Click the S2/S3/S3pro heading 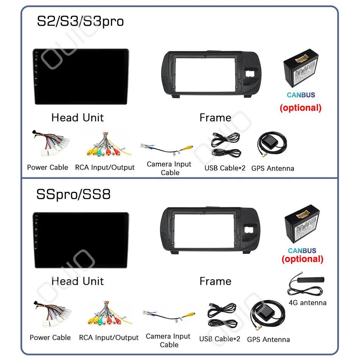[80, 22]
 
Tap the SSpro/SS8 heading [74, 194]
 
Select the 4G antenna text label [307, 303]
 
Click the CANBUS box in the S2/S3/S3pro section [301, 68]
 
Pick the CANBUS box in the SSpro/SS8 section [302, 224]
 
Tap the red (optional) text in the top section [301, 108]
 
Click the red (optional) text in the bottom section [302, 259]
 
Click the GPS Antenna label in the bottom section [268, 339]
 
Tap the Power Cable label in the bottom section [50, 338]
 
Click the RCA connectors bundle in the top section [108, 144]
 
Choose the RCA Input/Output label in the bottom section [109, 338]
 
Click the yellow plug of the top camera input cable [188, 148]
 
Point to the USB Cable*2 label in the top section [225, 168]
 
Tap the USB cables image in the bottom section [222, 315]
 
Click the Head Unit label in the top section [78, 117]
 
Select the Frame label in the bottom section [215, 281]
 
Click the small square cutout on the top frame [250, 74]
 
